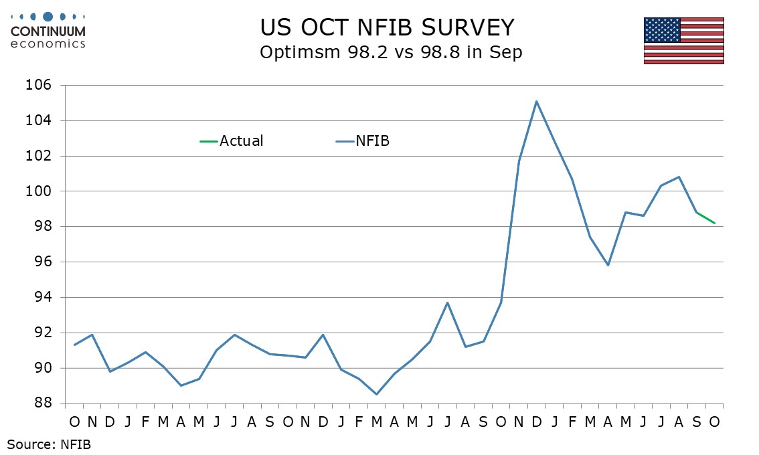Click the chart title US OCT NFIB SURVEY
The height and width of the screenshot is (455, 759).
[388, 27]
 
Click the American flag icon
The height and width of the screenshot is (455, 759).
[683, 41]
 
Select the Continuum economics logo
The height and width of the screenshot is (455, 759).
[48, 29]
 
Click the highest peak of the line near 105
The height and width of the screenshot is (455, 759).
[537, 102]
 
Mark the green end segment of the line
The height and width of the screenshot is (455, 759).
[706, 218]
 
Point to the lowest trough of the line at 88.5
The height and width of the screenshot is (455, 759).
[376, 394]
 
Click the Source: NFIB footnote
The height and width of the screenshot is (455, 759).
[49, 444]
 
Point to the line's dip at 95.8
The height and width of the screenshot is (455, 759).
[608, 265]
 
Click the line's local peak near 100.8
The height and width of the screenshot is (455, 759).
[679, 177]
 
